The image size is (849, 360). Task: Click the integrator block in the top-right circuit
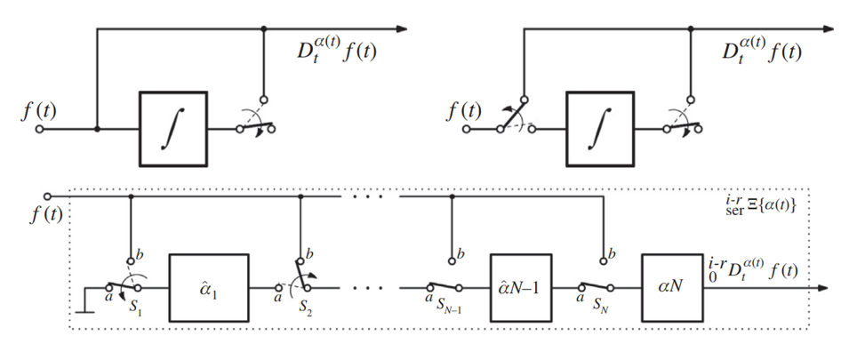coord(600,128)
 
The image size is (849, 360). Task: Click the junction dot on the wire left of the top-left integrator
coord(97,128)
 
